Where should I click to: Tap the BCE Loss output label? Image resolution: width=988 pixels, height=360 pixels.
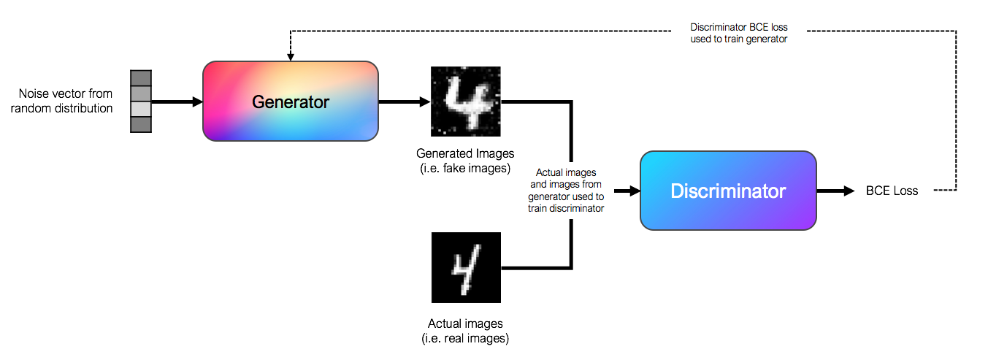click(x=892, y=191)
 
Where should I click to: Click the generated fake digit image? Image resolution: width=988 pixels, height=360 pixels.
click(x=465, y=101)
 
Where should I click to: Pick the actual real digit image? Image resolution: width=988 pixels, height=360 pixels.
click(x=465, y=267)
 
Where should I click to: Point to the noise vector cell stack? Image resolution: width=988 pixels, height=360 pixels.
click(x=140, y=102)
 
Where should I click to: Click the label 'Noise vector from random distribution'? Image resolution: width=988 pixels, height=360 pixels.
click(x=66, y=102)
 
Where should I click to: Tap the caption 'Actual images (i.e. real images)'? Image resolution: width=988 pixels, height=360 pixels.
click(x=465, y=330)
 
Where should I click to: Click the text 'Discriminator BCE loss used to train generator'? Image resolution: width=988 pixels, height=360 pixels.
click(x=738, y=34)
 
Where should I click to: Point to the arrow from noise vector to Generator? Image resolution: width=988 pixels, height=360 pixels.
click(x=176, y=102)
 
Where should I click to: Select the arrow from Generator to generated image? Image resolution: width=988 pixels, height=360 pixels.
click(x=404, y=102)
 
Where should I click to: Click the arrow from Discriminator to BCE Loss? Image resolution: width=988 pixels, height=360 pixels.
click(x=835, y=191)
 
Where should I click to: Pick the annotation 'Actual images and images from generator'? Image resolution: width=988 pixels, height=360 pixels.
click(x=566, y=191)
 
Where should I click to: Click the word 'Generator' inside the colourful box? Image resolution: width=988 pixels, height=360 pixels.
click(x=291, y=102)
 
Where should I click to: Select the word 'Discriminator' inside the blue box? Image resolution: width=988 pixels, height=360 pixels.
click(x=728, y=191)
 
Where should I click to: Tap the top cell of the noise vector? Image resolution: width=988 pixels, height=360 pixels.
click(x=140, y=78)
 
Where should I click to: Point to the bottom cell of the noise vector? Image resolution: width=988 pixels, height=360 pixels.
click(x=140, y=125)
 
